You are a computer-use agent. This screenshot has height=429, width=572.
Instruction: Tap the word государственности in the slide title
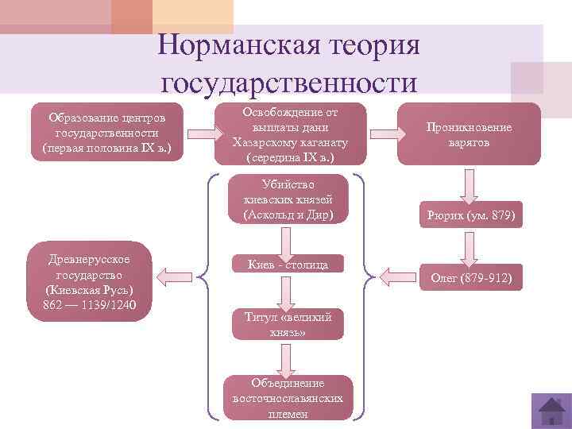[x=288, y=82]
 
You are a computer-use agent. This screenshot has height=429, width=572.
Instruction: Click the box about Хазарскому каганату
[x=290, y=133]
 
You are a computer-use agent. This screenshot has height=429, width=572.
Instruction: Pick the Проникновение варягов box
[x=469, y=135]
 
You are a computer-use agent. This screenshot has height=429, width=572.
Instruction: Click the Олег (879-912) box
[x=471, y=278]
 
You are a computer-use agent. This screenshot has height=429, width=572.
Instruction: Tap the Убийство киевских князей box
[x=288, y=200]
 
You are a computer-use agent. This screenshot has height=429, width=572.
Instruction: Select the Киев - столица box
[x=288, y=264]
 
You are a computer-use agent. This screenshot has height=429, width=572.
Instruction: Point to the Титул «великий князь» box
[x=288, y=324]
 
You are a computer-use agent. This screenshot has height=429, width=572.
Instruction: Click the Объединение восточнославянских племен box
[x=288, y=397]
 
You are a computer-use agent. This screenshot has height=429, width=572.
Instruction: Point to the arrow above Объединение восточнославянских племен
[x=288, y=359]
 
